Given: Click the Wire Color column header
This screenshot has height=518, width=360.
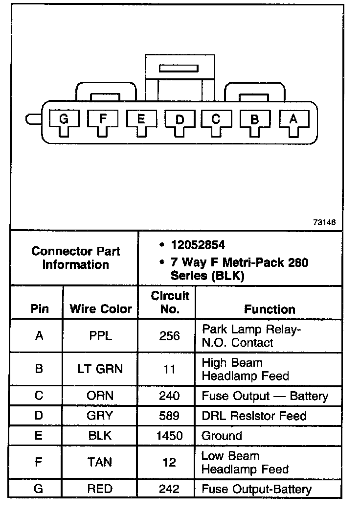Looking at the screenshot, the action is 101,309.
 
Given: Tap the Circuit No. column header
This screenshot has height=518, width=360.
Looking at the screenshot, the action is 170,303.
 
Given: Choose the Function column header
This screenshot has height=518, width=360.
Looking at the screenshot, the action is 270,309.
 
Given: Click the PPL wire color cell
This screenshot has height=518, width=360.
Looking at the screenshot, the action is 101,336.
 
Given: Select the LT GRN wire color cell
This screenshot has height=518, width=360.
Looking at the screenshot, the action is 101,369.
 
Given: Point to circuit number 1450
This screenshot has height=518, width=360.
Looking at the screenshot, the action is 169,436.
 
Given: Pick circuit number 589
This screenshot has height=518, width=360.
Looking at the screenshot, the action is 169,416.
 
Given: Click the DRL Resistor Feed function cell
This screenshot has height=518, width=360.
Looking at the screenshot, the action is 254,416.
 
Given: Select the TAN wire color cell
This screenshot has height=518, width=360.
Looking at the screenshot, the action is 101,462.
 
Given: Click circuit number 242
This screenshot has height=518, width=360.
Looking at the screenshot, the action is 169,489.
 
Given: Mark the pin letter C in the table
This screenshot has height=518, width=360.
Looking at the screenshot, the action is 39,396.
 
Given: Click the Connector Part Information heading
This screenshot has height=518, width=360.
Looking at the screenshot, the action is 76,258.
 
